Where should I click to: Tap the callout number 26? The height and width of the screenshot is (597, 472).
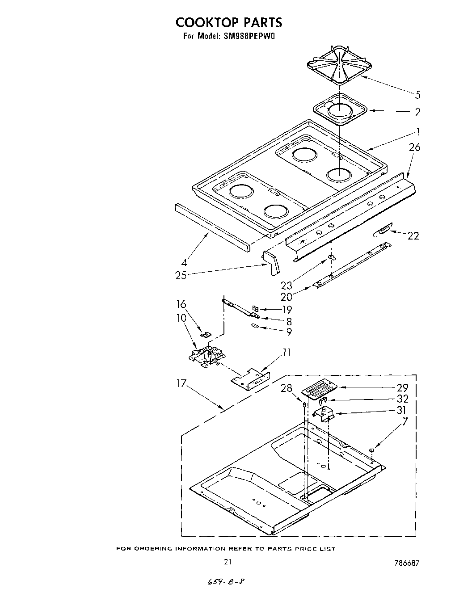click(414, 147)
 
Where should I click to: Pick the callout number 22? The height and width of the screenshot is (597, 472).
click(413, 236)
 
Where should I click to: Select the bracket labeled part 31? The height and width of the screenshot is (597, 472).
click(325, 413)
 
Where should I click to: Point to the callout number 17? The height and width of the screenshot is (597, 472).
click(181, 383)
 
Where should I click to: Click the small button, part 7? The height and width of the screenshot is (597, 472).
click(371, 450)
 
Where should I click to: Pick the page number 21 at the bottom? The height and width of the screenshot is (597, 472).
click(228, 561)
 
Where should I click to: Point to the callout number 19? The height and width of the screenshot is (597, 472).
click(287, 309)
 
